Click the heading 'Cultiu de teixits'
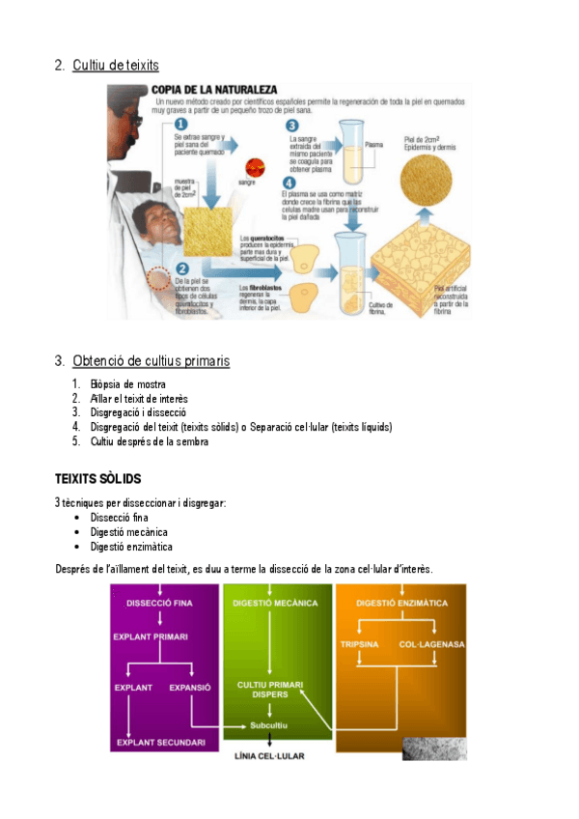[115, 65]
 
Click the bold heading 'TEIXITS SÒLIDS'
[98, 479]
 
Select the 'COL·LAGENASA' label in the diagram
[431, 643]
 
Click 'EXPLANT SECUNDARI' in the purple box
[160, 742]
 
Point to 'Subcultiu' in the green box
[268, 724]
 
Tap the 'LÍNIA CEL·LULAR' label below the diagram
[269, 756]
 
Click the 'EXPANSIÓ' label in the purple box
[190, 688]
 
